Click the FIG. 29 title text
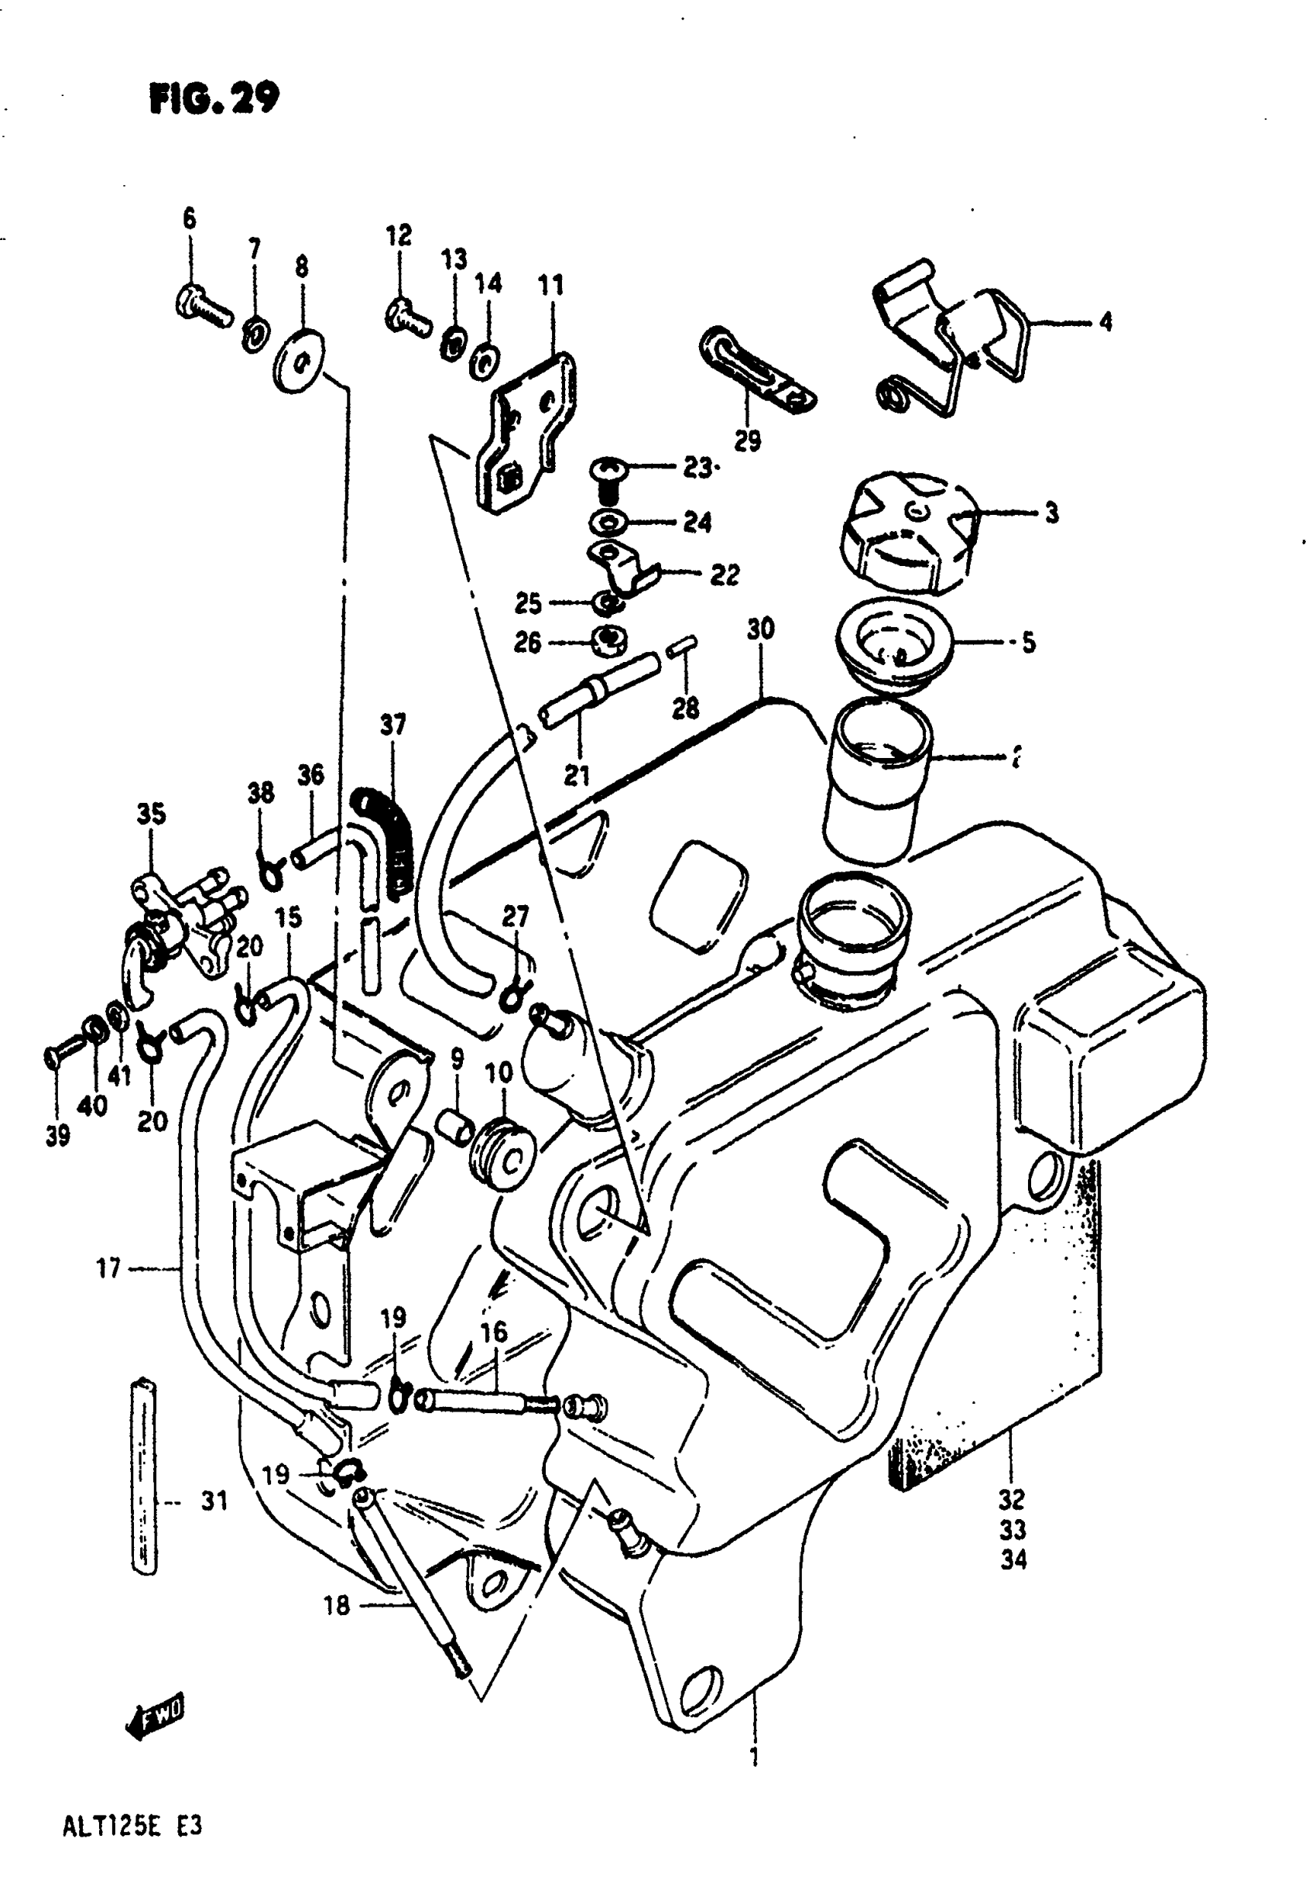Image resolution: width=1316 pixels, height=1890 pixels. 214,99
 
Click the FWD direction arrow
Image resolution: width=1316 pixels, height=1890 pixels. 155,1717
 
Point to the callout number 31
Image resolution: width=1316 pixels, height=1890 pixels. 214,1501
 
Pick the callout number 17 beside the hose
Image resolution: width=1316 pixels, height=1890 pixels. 108,1268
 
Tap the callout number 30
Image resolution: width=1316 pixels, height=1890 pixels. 760,629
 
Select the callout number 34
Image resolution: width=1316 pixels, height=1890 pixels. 1013,1560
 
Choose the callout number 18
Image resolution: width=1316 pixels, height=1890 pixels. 337,1604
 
